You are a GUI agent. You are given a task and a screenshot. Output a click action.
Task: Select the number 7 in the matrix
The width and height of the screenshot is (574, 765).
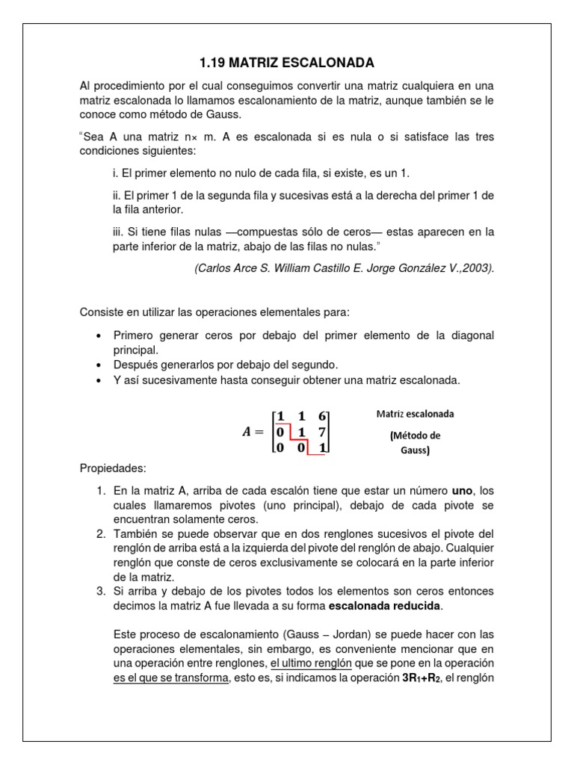[x=322, y=431]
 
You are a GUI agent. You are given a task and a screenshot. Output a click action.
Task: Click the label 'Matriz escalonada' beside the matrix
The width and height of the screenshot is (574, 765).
[x=415, y=413]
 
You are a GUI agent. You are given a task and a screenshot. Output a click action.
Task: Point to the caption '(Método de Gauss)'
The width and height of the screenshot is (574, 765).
[x=415, y=443]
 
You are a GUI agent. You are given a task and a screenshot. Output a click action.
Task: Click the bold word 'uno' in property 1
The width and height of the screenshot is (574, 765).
[x=463, y=492]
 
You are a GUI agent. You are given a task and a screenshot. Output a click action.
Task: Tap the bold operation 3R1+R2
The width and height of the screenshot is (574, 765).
[x=424, y=678]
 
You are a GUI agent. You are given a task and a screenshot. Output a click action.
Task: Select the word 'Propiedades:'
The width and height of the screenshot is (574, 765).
[x=114, y=469]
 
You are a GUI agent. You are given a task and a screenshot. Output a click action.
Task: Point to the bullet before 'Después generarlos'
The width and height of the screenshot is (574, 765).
[x=99, y=365]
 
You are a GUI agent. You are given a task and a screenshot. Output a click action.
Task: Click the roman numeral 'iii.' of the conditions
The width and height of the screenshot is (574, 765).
[x=112, y=232]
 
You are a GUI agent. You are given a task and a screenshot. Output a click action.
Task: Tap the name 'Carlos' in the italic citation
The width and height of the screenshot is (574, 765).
[x=215, y=268]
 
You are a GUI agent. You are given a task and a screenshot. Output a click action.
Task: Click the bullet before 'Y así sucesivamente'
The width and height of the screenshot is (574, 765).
[x=99, y=380]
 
